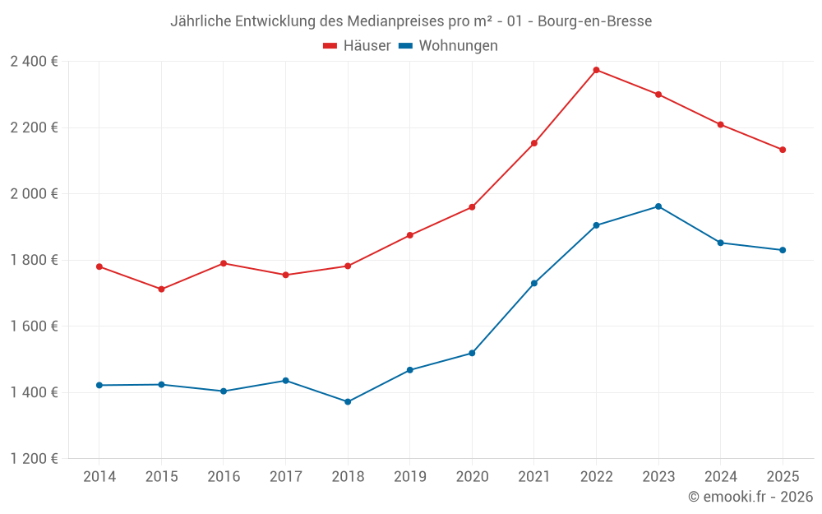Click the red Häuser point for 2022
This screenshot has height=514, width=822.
596,70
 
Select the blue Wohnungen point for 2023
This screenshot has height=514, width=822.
658,206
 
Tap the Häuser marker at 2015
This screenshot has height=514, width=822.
161,289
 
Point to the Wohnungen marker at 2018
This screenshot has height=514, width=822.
348,402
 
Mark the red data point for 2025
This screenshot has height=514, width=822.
783,150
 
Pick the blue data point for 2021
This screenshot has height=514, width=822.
534,284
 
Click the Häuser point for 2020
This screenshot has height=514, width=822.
472,207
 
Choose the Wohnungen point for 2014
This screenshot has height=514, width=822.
99,385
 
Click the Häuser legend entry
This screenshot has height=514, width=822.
357,46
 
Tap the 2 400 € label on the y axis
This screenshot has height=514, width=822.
34,62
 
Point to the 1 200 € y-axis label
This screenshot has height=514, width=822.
34,459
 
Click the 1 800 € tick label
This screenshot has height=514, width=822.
34,260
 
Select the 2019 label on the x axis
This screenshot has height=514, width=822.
409,477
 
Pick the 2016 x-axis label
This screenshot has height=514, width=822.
224,477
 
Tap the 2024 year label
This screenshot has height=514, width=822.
720,477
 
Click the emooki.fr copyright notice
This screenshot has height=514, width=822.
750,497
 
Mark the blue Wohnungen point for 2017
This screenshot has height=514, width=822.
285,381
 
